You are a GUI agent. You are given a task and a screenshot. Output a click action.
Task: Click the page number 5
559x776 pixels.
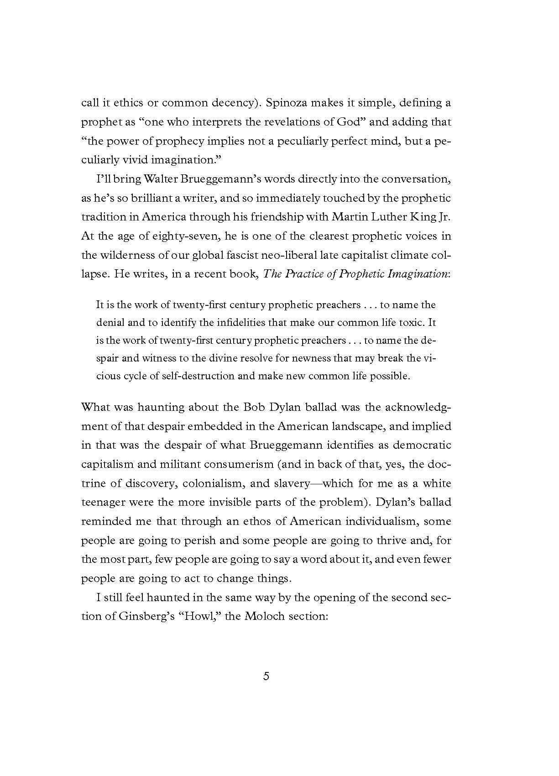click(x=266, y=676)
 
